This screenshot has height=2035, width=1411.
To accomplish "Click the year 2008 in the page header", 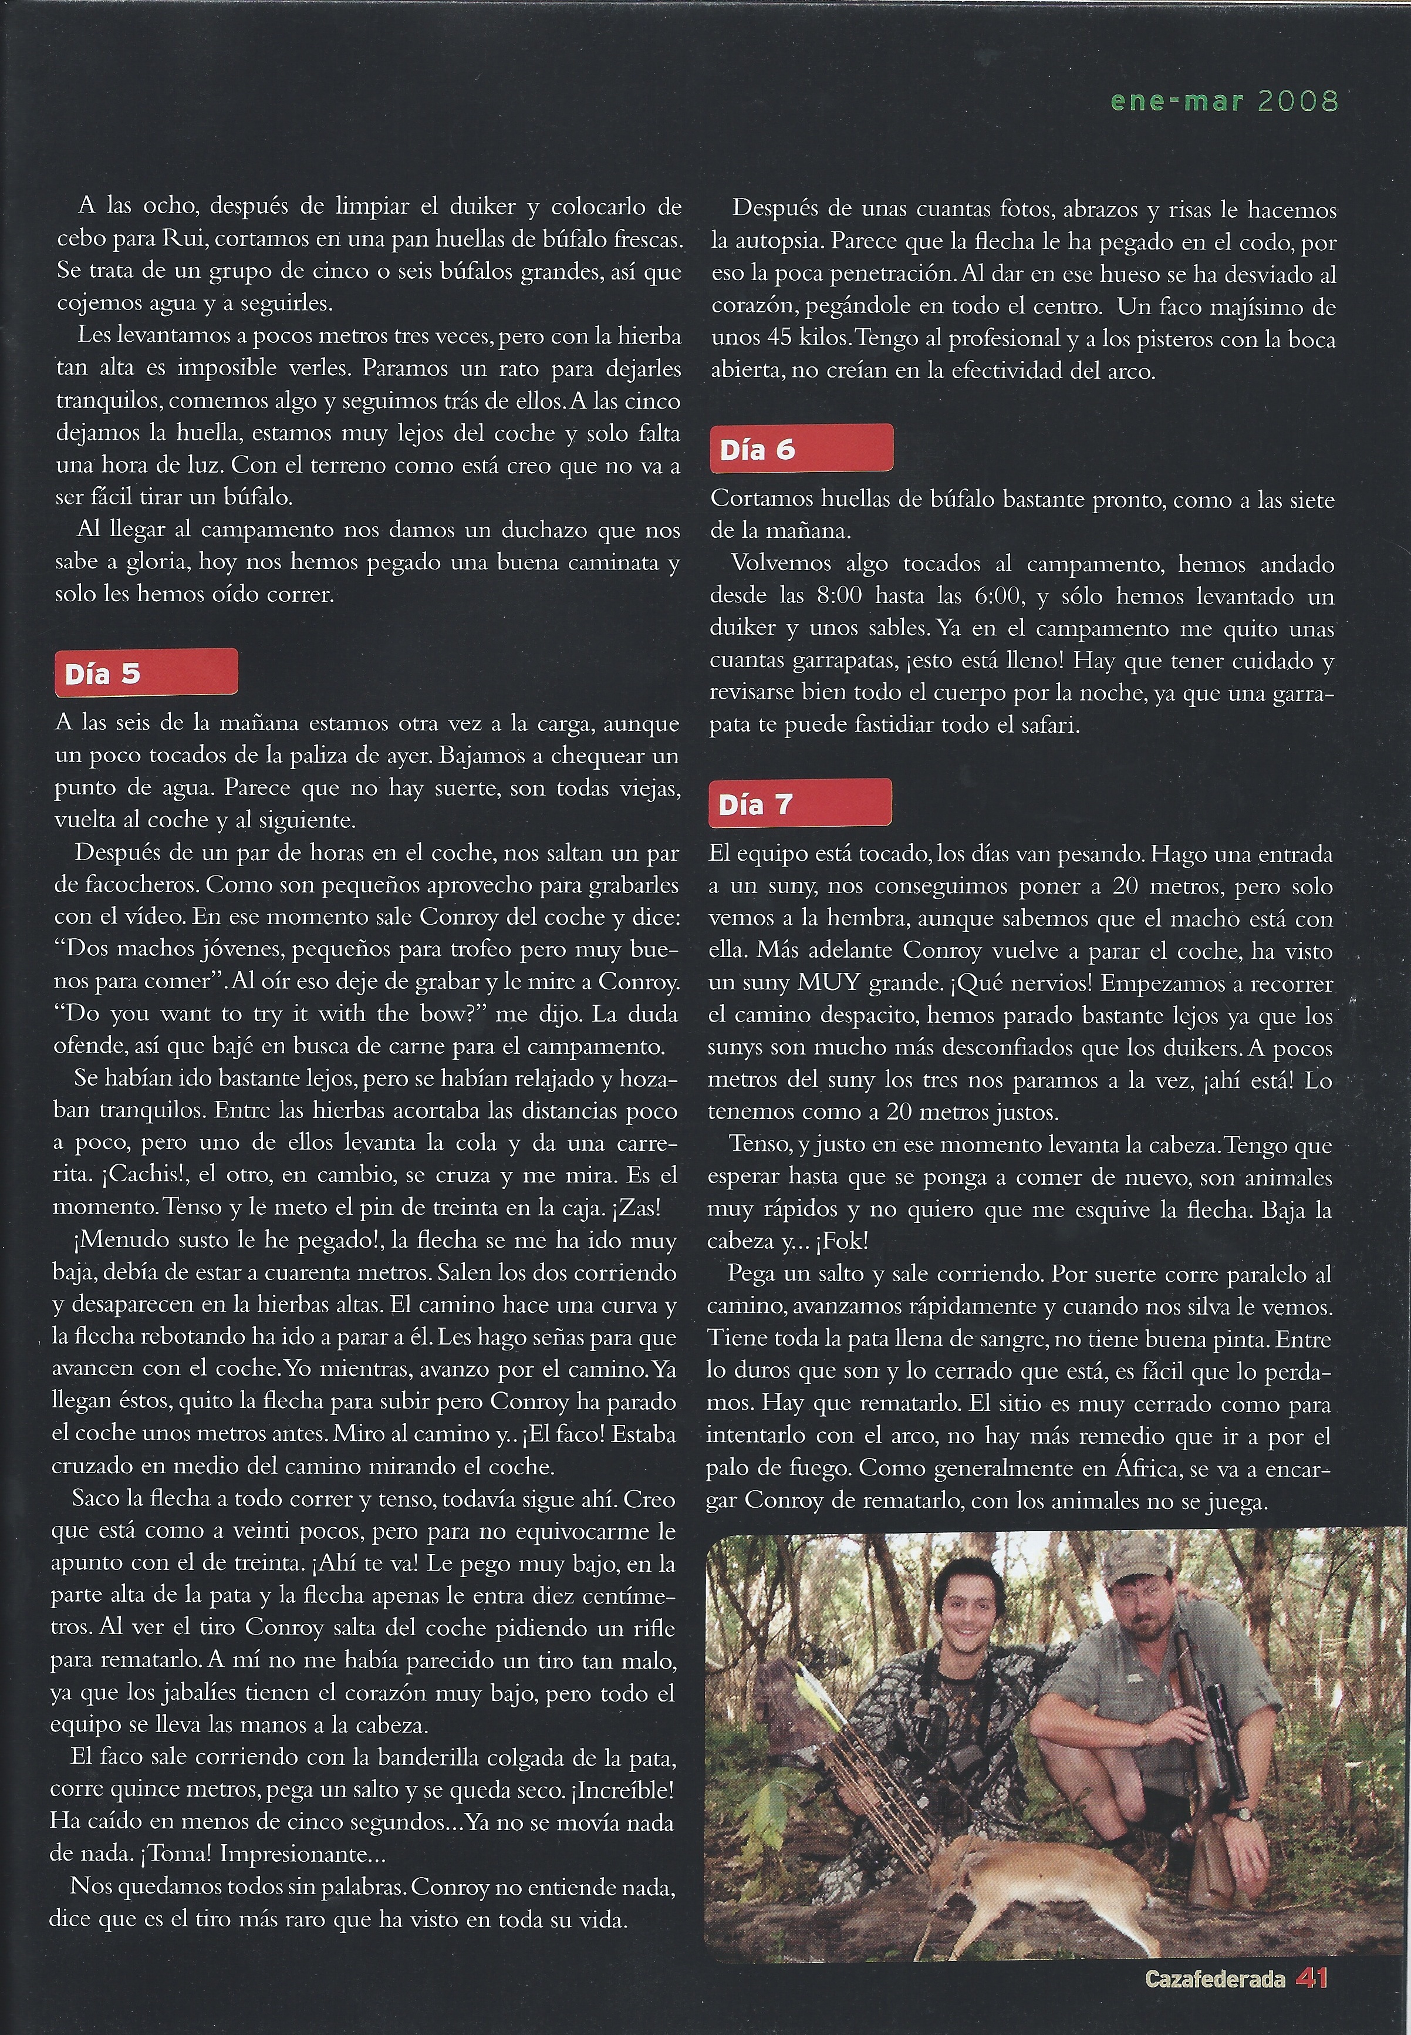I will click(x=1297, y=100).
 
